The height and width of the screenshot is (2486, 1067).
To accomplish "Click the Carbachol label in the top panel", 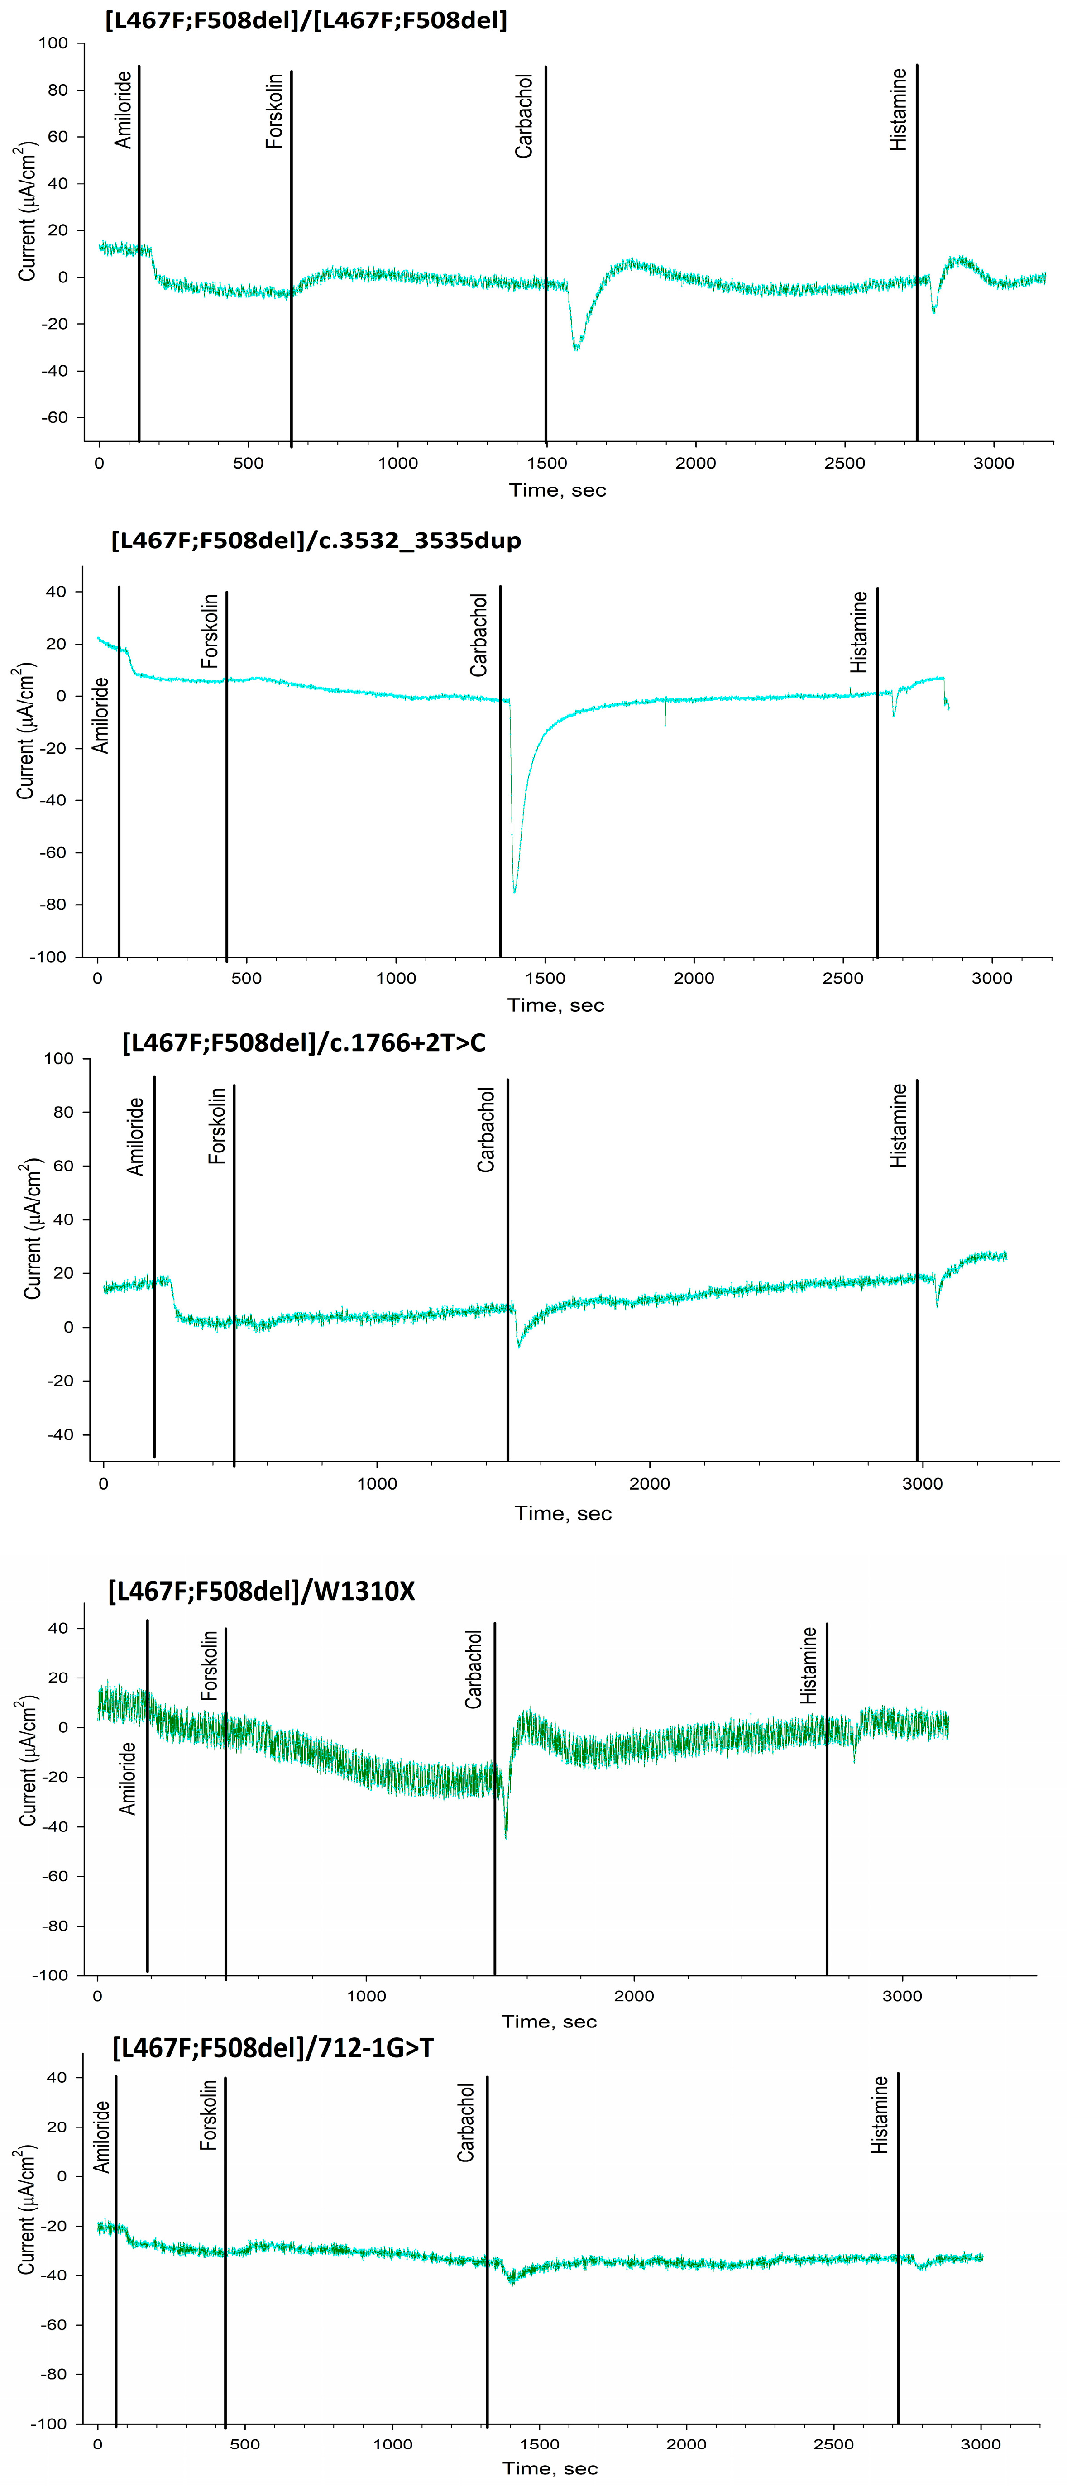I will [524, 116].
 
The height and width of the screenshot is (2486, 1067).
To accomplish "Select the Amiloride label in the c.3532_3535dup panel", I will [100, 715].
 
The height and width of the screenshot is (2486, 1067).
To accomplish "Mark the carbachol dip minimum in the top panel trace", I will [576, 349].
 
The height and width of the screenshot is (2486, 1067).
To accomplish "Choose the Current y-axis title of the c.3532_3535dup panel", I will [25, 731].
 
